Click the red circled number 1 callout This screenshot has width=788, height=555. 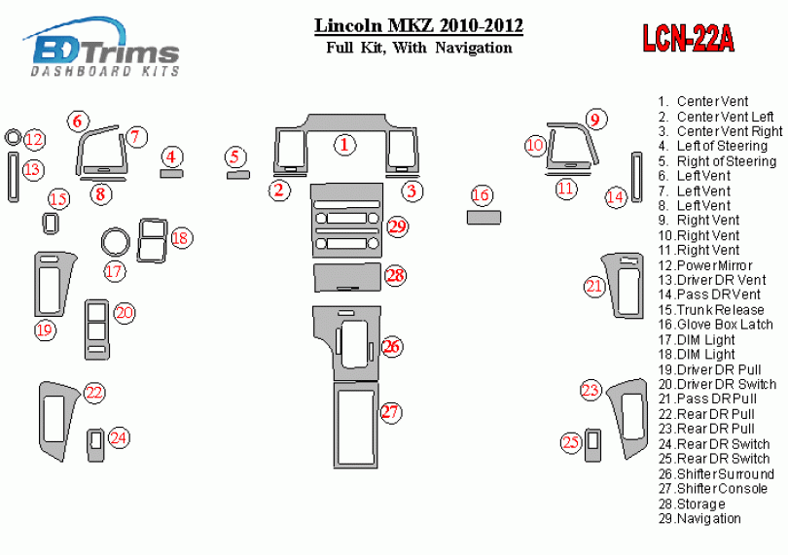click(x=344, y=146)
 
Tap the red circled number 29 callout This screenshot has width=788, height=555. click(x=396, y=227)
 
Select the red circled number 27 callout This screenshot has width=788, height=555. click(x=390, y=413)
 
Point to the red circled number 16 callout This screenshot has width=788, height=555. click(x=481, y=195)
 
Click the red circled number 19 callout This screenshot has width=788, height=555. click(x=45, y=330)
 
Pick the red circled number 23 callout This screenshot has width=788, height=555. click(x=591, y=391)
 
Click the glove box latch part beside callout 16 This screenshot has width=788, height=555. click(x=483, y=217)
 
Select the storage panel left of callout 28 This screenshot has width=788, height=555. click(x=347, y=276)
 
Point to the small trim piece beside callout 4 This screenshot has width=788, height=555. click(x=171, y=174)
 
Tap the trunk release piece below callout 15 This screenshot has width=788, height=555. click(x=50, y=224)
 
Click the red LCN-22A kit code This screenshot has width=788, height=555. click(x=687, y=38)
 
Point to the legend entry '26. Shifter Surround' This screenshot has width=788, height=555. click(x=715, y=474)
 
